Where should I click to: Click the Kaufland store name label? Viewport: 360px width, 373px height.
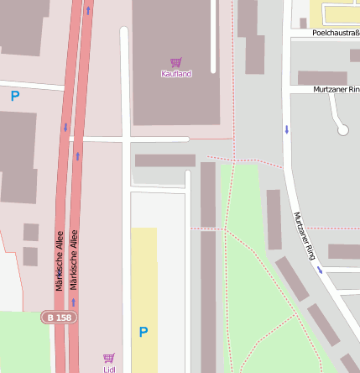click(x=176, y=74)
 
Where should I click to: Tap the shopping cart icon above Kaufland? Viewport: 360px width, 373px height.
click(x=176, y=62)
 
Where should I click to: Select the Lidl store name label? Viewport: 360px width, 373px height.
click(x=109, y=369)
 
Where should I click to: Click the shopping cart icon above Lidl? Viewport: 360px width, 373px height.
click(x=108, y=358)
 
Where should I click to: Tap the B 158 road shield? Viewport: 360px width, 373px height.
click(x=59, y=318)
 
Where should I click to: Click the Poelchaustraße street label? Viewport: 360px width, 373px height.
click(x=335, y=34)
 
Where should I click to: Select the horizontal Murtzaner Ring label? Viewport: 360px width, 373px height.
click(x=336, y=89)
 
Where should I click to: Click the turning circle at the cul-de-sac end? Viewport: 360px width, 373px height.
click(x=342, y=129)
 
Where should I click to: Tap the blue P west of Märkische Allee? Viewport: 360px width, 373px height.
click(x=14, y=97)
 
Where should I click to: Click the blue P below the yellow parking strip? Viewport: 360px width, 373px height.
click(x=143, y=333)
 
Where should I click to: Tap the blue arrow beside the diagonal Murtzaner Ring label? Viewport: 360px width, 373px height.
click(x=320, y=270)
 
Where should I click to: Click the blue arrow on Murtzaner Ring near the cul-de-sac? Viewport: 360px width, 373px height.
click(x=286, y=129)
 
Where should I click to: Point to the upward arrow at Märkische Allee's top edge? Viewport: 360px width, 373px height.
click(x=87, y=11)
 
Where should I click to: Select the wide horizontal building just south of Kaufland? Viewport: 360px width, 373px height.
click(x=164, y=160)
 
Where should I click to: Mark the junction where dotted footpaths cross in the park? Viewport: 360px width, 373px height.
click(x=225, y=228)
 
